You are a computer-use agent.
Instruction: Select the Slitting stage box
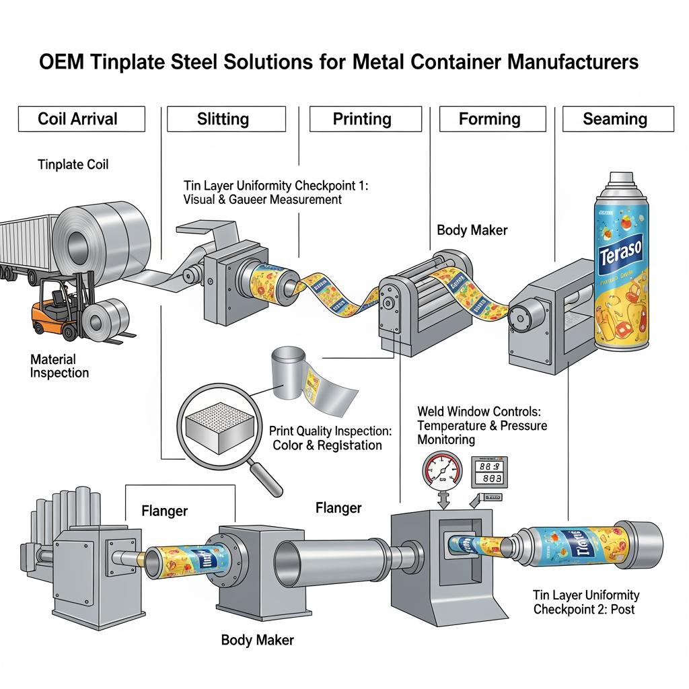pyautogui.click(x=223, y=119)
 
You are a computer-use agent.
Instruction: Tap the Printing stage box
pyautogui.click(x=362, y=119)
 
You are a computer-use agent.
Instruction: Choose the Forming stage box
pyautogui.click(x=489, y=119)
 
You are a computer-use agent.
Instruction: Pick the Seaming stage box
pyautogui.click(x=614, y=119)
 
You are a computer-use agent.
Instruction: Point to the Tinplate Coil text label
pyautogui.click(x=73, y=164)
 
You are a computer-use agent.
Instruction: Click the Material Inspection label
pyautogui.click(x=59, y=365)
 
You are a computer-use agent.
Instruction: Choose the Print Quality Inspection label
pyautogui.click(x=330, y=437)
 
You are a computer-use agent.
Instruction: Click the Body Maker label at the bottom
pyautogui.click(x=257, y=640)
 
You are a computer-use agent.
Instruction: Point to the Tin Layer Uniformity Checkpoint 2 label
pyautogui.click(x=586, y=602)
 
